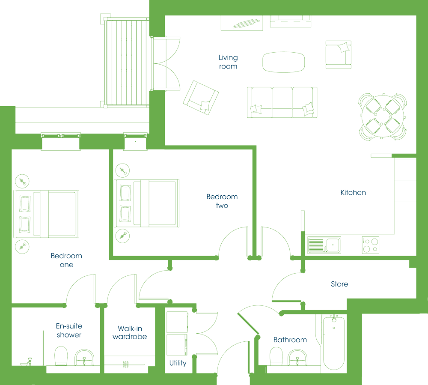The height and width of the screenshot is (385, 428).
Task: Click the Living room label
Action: [228, 62]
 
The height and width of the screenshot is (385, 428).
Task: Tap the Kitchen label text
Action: [353, 193]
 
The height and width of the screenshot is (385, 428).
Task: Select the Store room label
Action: [339, 284]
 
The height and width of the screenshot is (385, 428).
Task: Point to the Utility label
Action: [178, 363]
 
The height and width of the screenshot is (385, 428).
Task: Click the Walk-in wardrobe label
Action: [130, 332]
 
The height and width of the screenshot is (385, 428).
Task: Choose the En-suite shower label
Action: [69, 330]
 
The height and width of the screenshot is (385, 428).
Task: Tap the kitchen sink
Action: [324, 245]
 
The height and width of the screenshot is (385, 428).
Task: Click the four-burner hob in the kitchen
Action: [370, 245]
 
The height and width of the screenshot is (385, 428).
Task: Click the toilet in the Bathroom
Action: [276, 356]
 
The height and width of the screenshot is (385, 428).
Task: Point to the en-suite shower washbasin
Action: [84, 357]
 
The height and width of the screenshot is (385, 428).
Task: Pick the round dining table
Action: [382, 116]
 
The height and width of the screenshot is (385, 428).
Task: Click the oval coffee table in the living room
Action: [283, 62]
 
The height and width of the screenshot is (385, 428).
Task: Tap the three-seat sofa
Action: [282, 102]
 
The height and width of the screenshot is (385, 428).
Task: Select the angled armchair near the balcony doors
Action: [201, 98]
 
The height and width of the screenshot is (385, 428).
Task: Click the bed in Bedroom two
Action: [146, 203]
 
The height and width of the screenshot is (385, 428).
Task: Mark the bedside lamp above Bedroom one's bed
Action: [22, 181]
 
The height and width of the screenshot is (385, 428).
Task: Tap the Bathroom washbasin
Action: [297, 358]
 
